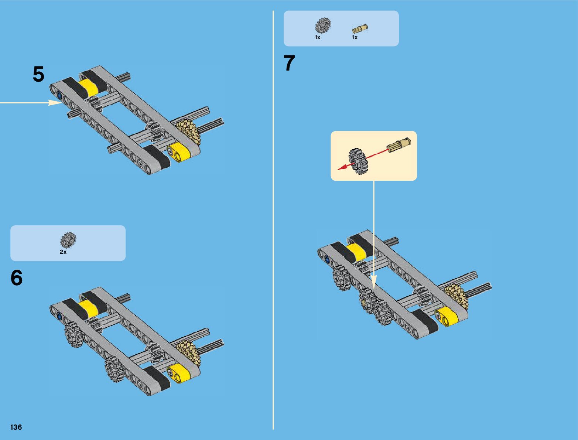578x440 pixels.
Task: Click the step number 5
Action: point(38,74)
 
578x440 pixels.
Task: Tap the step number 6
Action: point(17,278)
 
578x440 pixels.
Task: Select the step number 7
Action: point(289,63)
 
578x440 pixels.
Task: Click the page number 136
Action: point(16,427)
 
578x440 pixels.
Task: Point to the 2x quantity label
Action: point(63,252)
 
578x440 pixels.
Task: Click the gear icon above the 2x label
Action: point(68,240)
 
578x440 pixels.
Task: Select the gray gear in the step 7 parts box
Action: point(323,25)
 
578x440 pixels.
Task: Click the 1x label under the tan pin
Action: point(355,37)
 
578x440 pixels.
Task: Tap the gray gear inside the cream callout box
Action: point(357,161)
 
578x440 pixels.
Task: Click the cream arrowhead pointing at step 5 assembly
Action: point(55,102)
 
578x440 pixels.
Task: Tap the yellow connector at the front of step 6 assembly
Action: point(178,372)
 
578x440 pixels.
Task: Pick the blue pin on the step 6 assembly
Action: point(59,316)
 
